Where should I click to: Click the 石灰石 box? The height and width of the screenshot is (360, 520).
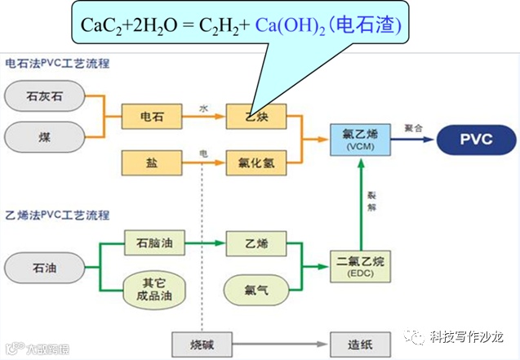pos(42,96)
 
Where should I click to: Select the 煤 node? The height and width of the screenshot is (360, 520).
pos(42,136)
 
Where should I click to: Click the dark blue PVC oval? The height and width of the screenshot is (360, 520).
pos(475,139)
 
